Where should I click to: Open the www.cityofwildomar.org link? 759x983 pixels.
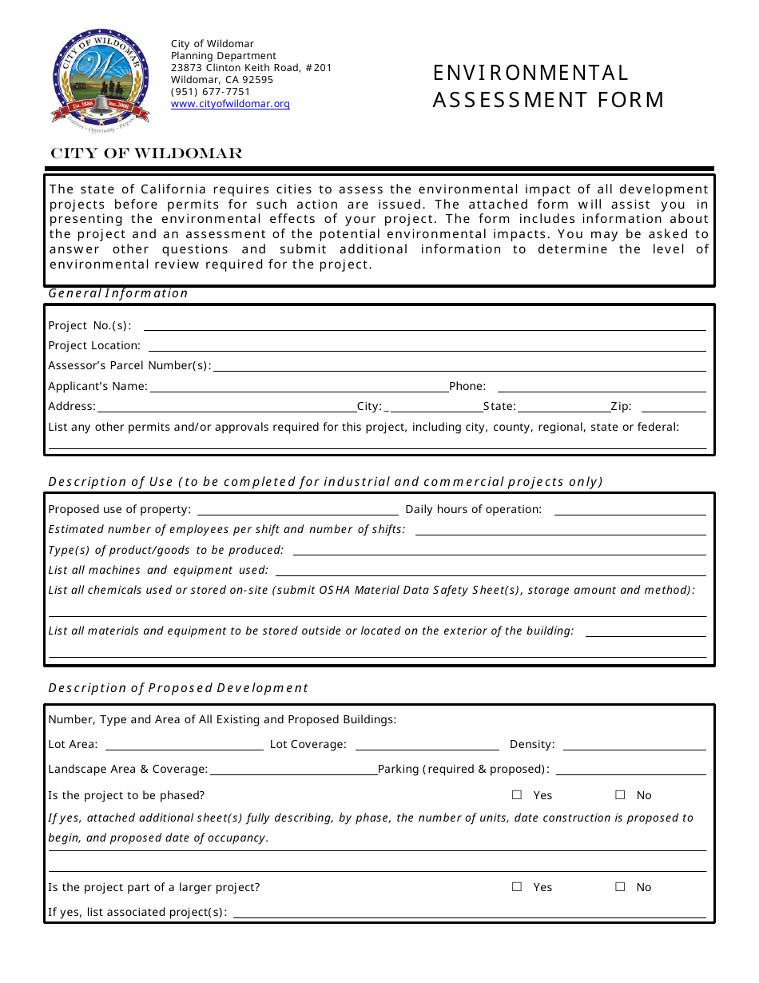point(230,104)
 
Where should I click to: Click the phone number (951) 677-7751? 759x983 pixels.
point(210,92)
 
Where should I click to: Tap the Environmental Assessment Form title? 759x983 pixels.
point(548,86)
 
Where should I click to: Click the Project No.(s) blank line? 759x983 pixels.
point(424,326)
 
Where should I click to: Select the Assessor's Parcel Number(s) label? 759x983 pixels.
point(129,366)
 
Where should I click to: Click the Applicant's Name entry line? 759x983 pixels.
point(299,388)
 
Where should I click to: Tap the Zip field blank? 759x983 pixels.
point(674,408)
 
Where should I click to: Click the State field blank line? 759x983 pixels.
point(563,408)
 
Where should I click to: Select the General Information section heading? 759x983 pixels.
point(118,293)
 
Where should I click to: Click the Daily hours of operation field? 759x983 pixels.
point(630,511)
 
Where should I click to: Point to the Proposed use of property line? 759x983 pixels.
point(297,511)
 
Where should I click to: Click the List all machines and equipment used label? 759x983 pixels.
point(158,571)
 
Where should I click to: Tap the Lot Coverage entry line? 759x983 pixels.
point(427,746)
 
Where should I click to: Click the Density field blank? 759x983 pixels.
point(634,746)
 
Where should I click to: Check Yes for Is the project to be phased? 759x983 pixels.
point(517,795)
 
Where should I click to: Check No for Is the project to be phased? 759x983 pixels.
point(620,795)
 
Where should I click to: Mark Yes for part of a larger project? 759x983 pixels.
point(517,887)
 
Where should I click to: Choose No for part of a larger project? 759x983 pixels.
point(620,887)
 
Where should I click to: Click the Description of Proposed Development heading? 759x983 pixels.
point(178,688)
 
